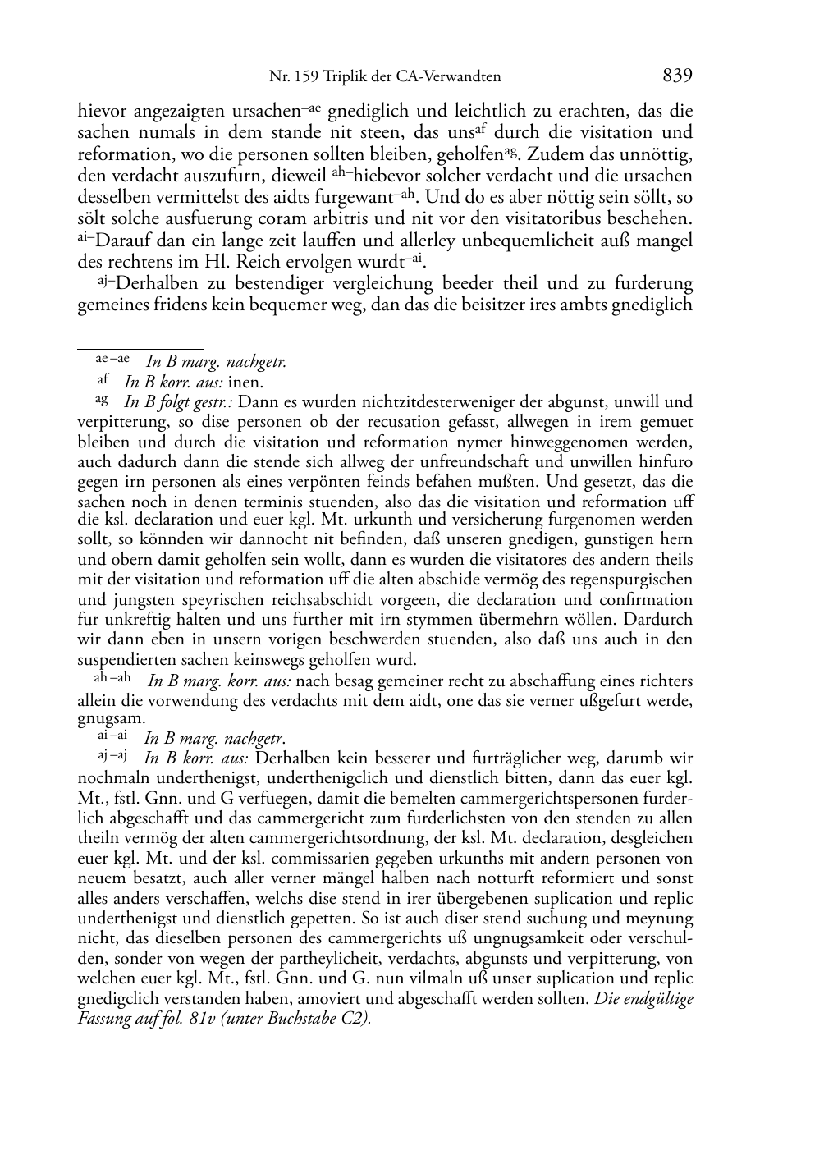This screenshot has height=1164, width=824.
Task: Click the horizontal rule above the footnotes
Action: (140, 349)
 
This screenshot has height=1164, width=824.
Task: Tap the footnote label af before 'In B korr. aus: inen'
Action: (103, 380)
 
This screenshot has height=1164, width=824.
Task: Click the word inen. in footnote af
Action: (245, 382)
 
